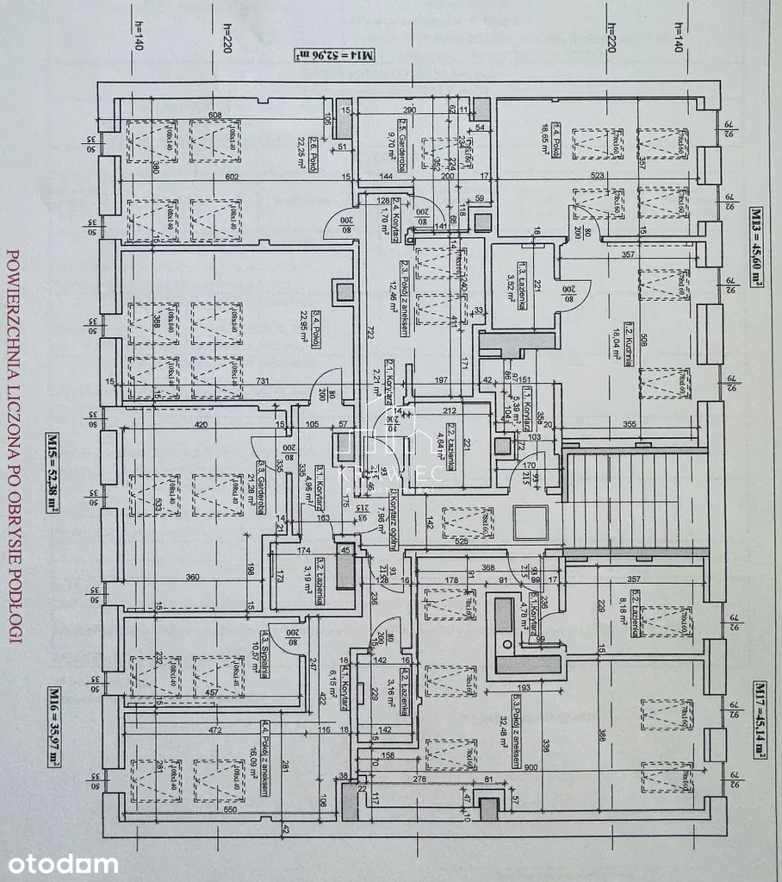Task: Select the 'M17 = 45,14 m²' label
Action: [759, 719]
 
